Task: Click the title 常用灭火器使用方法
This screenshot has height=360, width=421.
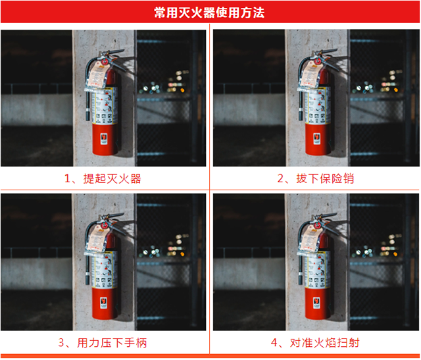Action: pos(209,13)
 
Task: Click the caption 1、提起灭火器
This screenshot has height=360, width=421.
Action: pos(103,178)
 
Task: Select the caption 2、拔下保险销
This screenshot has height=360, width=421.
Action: pos(316,178)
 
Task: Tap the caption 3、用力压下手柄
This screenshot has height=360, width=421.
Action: pos(103,343)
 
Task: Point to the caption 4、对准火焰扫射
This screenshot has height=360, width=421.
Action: pos(315,343)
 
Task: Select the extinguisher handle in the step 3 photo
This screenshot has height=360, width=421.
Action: pos(112,220)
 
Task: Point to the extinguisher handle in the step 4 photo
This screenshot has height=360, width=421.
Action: pos(326,220)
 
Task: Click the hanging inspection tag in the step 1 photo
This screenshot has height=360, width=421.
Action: pos(97,76)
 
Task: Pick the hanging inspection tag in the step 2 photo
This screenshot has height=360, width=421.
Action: pos(310,76)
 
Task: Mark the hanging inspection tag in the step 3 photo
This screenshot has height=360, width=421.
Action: pos(97,240)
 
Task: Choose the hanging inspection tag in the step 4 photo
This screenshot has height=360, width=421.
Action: pos(310,240)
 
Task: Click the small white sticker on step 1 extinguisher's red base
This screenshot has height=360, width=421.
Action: pos(104,139)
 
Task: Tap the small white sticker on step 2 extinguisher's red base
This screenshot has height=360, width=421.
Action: pos(317,139)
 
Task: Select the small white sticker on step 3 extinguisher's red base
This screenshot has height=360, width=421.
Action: pos(104,303)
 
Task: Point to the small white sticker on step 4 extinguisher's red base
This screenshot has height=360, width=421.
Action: pos(317,303)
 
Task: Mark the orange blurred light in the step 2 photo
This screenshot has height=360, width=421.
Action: pos(396,90)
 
